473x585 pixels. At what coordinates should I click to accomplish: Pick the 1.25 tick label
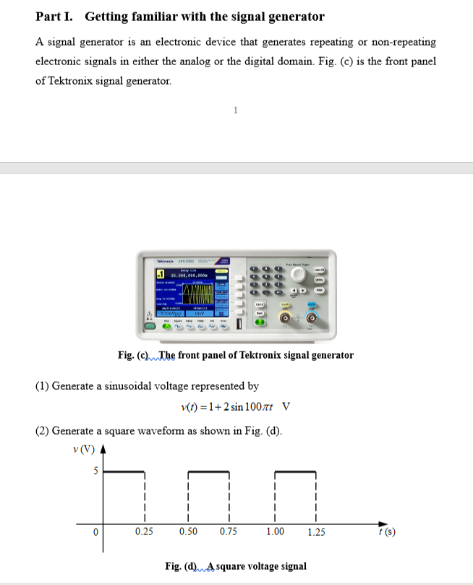[x=316, y=533]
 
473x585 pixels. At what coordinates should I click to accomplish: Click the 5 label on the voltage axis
[x=93, y=471]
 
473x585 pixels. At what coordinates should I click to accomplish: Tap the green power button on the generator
[x=150, y=327]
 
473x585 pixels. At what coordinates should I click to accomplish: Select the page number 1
[x=236, y=110]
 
